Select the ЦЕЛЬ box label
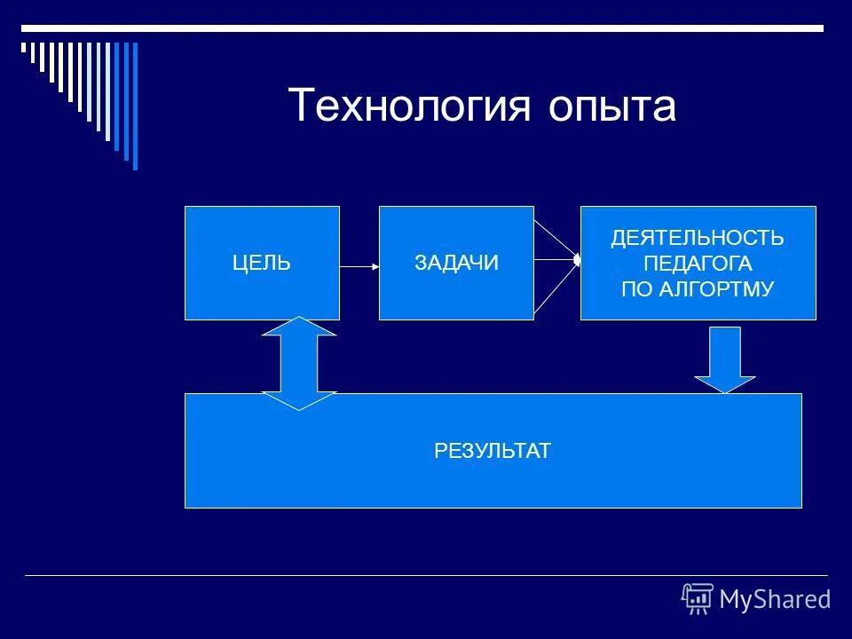coord(262,263)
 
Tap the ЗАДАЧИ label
coord(456,263)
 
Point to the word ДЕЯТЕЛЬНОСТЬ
coord(698,238)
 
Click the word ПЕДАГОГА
coord(698,264)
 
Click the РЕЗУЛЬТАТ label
coord(493,451)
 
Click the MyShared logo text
coord(775,599)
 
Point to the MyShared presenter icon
coord(698,599)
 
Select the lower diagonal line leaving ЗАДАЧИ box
coord(555,289)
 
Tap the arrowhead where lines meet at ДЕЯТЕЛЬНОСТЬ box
coord(577,260)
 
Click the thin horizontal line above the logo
coord(426,575)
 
